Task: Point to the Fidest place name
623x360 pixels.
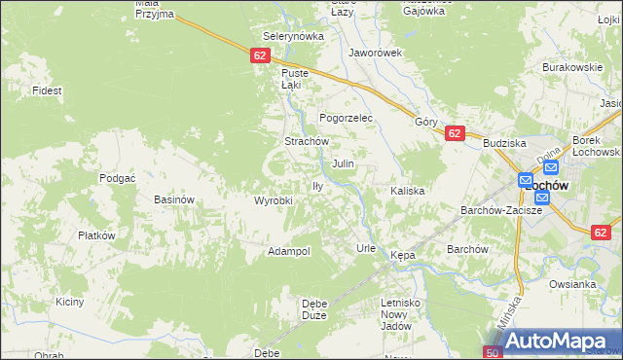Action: [47, 90]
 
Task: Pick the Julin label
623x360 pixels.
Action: [343, 164]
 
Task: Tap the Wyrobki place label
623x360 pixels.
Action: [274, 200]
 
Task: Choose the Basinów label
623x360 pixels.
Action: [176, 199]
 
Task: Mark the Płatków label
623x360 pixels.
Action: [96, 235]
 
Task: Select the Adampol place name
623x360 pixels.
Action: [289, 251]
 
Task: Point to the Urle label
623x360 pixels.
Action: [366, 248]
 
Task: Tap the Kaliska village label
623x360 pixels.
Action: [408, 191]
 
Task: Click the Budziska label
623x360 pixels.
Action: [503, 142]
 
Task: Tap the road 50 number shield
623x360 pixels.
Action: [494, 351]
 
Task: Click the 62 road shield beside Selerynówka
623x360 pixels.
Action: [258, 56]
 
